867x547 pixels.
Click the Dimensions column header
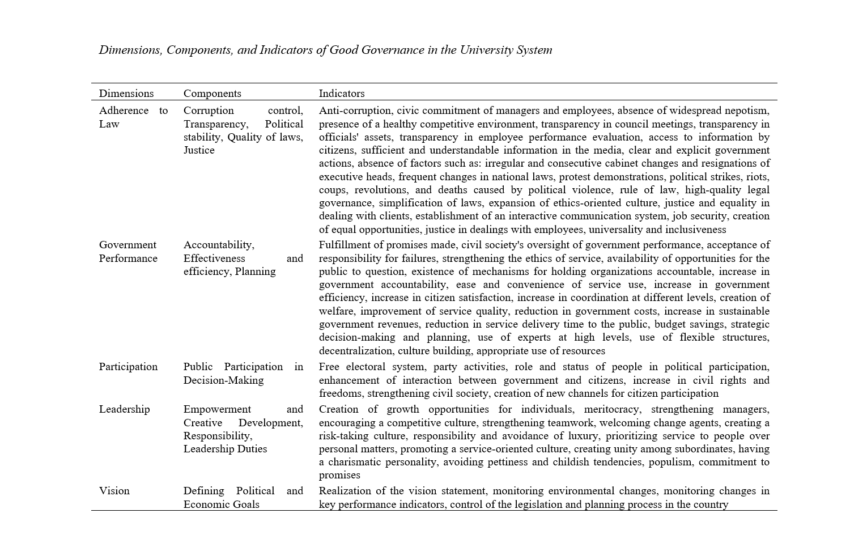coord(126,94)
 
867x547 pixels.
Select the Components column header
coord(212,94)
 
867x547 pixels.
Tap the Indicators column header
coord(341,94)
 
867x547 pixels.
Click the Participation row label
coord(128,367)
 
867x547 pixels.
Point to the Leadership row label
coord(124,409)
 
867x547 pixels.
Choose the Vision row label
coord(114,491)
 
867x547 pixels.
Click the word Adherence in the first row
coord(124,111)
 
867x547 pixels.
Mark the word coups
coord(333,190)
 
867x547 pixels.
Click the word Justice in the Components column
coord(199,150)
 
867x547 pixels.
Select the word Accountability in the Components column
coord(218,245)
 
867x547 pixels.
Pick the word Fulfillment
coord(346,245)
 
